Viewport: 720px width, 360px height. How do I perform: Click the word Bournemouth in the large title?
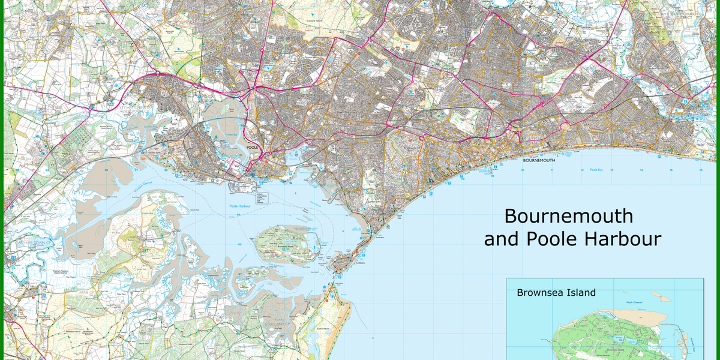click(568, 215)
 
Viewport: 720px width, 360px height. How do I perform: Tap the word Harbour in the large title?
click(622, 239)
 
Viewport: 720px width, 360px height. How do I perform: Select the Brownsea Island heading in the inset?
click(556, 293)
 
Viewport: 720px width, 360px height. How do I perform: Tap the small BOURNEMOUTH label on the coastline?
click(539, 161)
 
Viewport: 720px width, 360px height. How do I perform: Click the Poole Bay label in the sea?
click(595, 170)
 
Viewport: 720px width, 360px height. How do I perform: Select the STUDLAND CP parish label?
click(278, 324)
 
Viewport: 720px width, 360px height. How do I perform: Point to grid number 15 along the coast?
click(670, 170)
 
